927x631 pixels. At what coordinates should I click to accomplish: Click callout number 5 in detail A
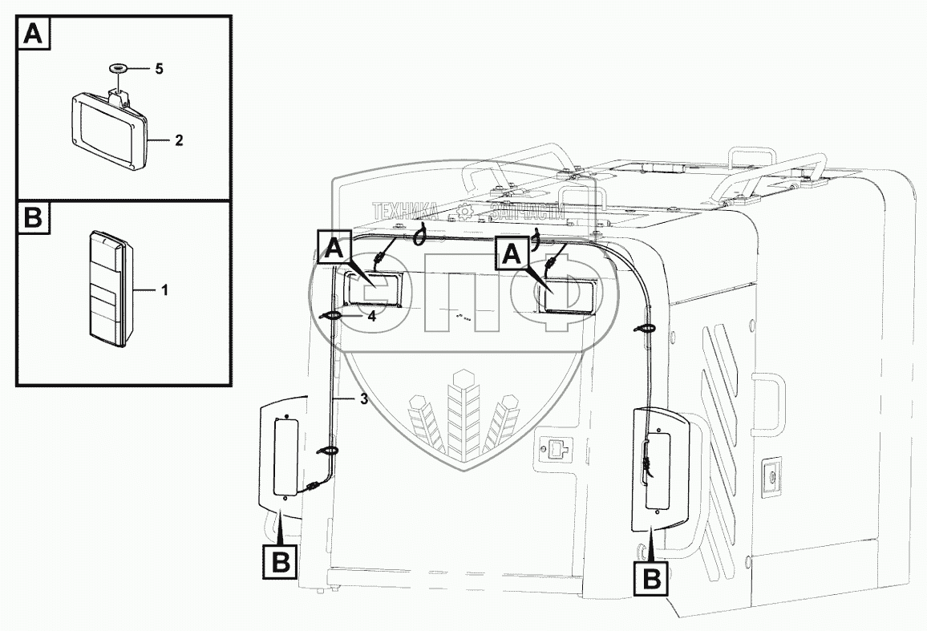pyautogui.click(x=159, y=69)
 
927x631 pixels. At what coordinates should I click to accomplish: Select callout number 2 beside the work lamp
pyautogui.click(x=179, y=140)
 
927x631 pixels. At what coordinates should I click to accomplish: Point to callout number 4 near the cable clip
pyautogui.click(x=371, y=316)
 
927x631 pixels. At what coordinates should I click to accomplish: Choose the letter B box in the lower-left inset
pyautogui.click(x=33, y=219)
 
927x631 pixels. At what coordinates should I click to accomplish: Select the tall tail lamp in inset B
pyautogui.click(x=107, y=289)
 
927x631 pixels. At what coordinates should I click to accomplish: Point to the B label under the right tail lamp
pyautogui.click(x=652, y=576)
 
